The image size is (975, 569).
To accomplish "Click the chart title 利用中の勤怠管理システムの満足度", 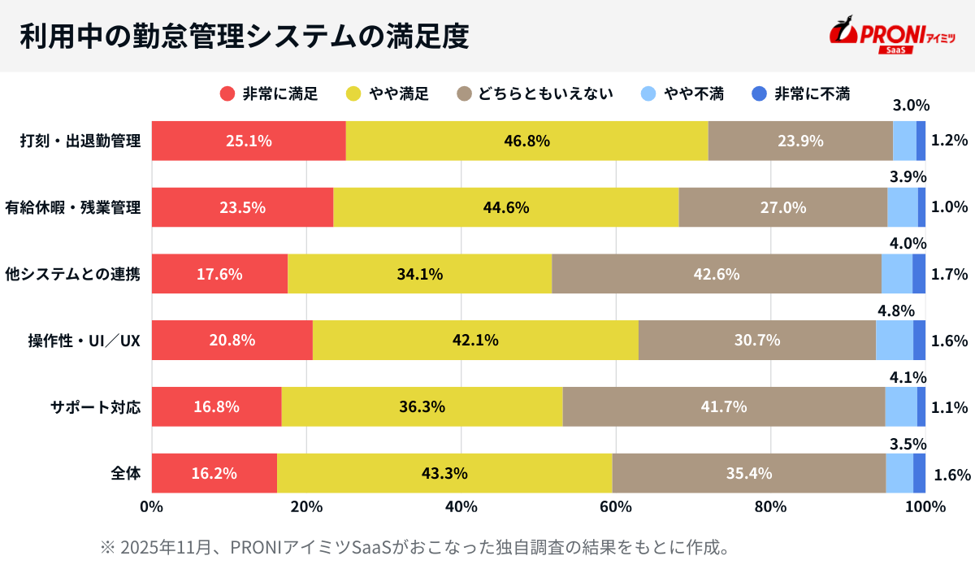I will (244, 37).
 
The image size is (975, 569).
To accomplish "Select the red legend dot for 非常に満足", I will (227, 93).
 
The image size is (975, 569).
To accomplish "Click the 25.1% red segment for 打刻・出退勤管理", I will (249, 141).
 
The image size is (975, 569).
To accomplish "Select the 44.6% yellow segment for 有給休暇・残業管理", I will (505, 207).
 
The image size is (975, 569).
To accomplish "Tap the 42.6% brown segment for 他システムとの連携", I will (716, 274).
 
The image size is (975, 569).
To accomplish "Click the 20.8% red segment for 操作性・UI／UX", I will (232, 340).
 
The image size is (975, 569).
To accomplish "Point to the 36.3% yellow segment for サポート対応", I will (422, 406).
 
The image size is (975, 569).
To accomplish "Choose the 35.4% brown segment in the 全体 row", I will (748, 473).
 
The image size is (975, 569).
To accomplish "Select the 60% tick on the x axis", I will (616, 506).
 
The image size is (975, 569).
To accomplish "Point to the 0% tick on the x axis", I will (152, 506).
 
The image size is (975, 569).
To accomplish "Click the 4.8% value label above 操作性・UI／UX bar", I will (895, 311).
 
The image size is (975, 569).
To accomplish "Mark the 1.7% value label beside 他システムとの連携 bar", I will (949, 274).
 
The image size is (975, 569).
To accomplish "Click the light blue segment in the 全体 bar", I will (899, 473).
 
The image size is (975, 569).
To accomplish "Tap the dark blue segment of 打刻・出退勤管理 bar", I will (921, 141).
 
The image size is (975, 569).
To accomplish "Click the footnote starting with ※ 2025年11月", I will (414, 546).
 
